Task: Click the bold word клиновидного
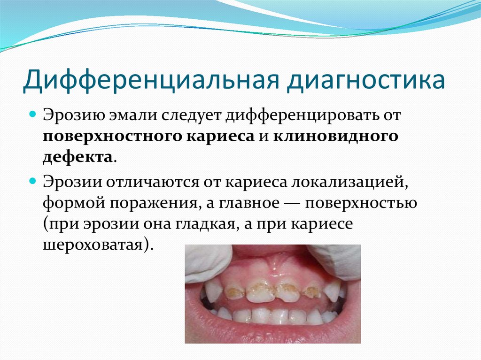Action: click(x=336, y=136)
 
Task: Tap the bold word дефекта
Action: click(x=78, y=156)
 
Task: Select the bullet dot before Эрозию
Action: click(x=33, y=114)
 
